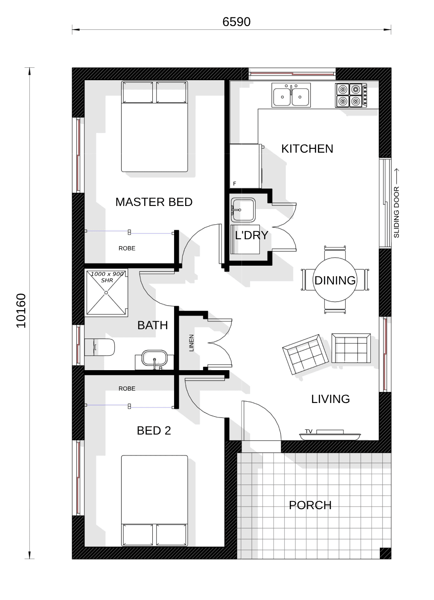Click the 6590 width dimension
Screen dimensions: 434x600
click(x=236, y=22)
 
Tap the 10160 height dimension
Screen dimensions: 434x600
click(x=21, y=311)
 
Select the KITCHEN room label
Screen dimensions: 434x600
click(x=307, y=149)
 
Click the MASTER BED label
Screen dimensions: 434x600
click(x=154, y=202)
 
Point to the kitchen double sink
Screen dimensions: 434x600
click(x=291, y=95)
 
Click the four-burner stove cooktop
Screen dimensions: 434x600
click(x=351, y=96)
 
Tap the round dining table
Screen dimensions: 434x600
click(x=335, y=280)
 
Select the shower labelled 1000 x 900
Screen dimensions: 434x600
click(x=106, y=293)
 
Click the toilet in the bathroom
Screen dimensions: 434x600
click(x=99, y=347)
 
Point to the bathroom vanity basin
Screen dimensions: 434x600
click(x=154, y=358)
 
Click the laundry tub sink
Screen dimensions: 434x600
click(x=243, y=210)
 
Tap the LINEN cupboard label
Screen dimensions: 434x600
click(x=192, y=343)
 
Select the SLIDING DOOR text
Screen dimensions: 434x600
click(x=396, y=212)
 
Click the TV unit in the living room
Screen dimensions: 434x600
click(x=330, y=436)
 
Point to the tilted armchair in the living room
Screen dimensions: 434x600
click(x=305, y=354)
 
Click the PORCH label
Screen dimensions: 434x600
click(x=310, y=505)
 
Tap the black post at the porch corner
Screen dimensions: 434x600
click(x=385, y=554)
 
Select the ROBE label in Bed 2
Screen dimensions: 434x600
click(x=127, y=388)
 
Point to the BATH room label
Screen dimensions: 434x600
click(x=152, y=325)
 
